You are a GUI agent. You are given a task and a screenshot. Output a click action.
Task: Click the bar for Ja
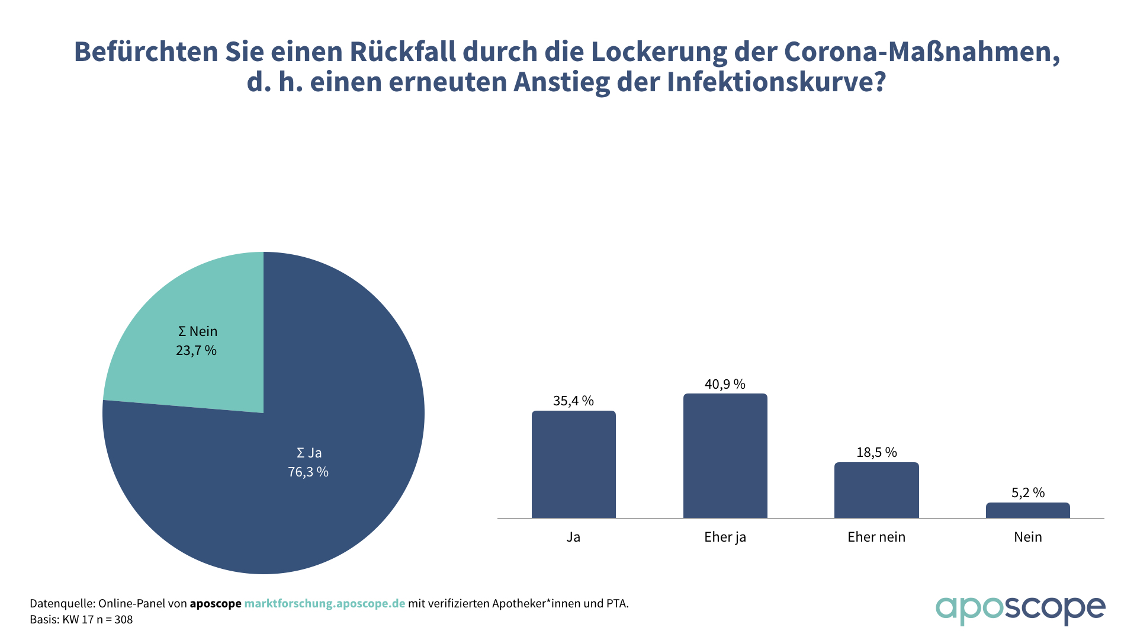pyautogui.click(x=573, y=465)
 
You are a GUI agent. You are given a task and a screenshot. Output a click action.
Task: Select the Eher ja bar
pyautogui.click(x=725, y=456)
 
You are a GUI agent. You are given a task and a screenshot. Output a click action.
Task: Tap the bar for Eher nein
pyautogui.click(x=876, y=490)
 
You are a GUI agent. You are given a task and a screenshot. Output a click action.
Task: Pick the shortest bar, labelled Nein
pyautogui.click(x=1027, y=510)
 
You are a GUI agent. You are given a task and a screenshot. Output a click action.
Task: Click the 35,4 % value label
pyautogui.click(x=573, y=401)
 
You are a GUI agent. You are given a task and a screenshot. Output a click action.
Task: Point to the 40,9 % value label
pyautogui.click(x=725, y=384)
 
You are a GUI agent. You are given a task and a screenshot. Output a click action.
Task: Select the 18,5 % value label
pyautogui.click(x=876, y=452)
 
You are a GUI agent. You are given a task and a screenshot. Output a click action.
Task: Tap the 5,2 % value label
pyautogui.click(x=1027, y=492)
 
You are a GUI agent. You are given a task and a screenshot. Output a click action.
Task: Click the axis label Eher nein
pyautogui.click(x=876, y=537)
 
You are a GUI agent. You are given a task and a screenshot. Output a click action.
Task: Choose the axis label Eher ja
pyautogui.click(x=725, y=537)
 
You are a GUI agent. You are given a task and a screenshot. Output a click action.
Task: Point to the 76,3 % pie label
pyautogui.click(x=308, y=472)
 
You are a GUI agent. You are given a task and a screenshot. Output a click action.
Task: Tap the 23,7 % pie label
pyautogui.click(x=196, y=350)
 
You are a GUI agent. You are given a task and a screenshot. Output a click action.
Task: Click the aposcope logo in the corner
pyautogui.click(x=1020, y=609)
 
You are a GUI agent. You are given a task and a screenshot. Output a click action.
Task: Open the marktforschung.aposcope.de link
pyautogui.click(x=325, y=603)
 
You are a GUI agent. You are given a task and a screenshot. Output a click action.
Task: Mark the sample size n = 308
pyautogui.click(x=115, y=619)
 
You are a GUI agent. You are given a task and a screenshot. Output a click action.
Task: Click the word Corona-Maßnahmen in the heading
pyautogui.click(x=921, y=52)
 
